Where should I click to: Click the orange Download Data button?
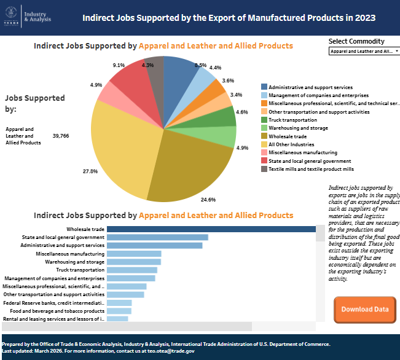click(x=364, y=309)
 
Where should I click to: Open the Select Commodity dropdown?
click(x=364, y=52)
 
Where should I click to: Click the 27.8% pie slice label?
click(x=90, y=171)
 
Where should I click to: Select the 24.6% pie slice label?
click(x=208, y=200)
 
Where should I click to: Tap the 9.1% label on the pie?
click(x=119, y=65)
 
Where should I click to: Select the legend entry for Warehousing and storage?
click(x=298, y=128)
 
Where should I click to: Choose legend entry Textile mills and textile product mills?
click(x=311, y=168)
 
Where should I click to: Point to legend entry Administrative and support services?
click(x=310, y=87)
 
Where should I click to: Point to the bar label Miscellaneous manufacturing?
click(x=70, y=254)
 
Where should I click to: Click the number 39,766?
click(x=61, y=136)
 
